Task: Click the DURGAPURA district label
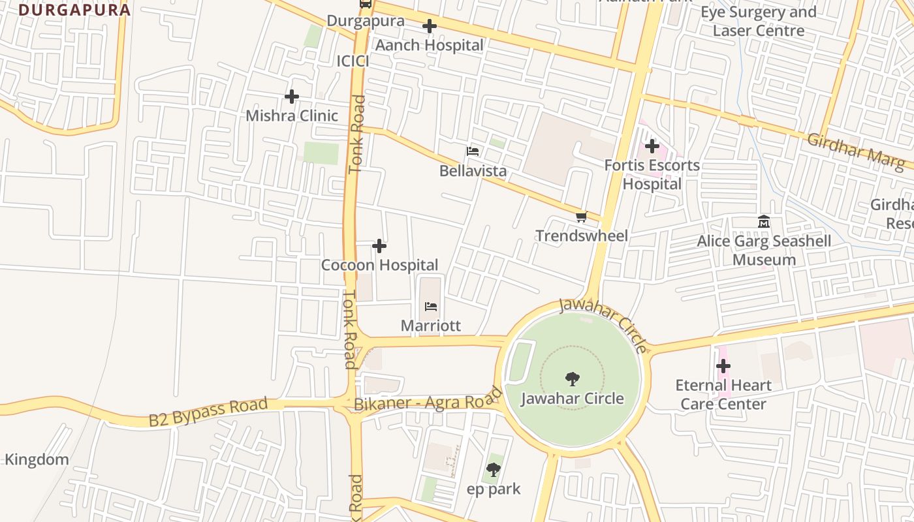coord(74,10)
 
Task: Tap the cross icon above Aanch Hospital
coord(429,27)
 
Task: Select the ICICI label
coord(353,61)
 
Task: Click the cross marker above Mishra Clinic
coord(292,97)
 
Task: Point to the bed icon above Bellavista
coord(473,152)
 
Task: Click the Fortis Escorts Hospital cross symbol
coord(652,147)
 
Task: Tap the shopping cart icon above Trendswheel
coord(581,217)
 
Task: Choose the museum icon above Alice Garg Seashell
coord(764,223)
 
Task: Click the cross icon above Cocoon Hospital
coord(379,246)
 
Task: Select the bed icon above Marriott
coord(431,307)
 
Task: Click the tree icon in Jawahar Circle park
coord(573,379)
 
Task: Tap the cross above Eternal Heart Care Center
coord(723,366)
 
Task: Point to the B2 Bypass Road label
coord(208,412)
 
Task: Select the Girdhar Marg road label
coord(855,152)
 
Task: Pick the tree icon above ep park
coord(494,469)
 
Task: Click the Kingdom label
coord(37,459)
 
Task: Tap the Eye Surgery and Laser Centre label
coord(759,22)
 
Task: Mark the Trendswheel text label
coord(582,236)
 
